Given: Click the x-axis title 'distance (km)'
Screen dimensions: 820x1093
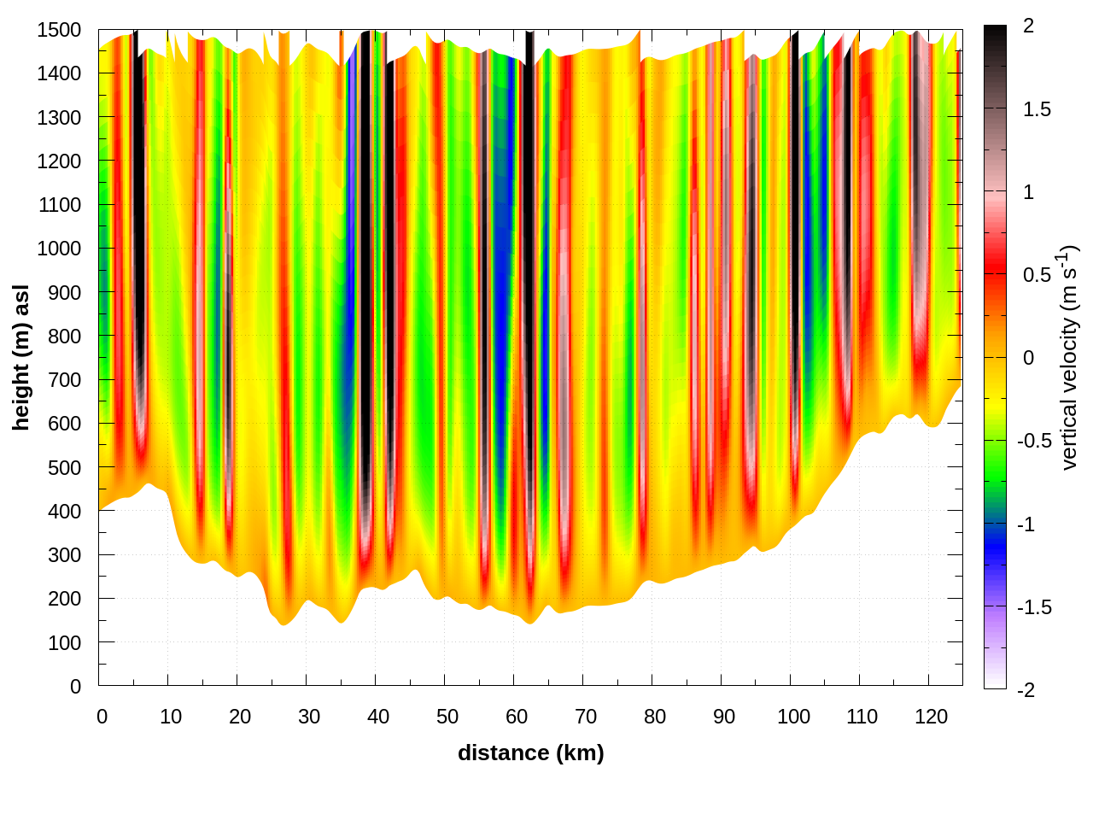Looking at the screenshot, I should click(530, 753).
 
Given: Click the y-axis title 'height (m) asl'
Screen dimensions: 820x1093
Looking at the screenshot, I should click(21, 357).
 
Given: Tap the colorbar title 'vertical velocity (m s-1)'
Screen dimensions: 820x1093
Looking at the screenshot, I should click(1070, 357).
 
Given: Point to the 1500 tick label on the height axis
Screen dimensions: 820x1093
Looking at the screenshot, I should click(59, 30).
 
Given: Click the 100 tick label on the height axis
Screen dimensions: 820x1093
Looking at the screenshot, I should click(65, 642).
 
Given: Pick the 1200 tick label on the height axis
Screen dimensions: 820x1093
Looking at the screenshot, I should click(59, 161).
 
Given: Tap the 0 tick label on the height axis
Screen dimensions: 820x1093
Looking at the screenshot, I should click(76, 686).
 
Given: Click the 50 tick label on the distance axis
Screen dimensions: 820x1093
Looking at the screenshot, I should click(447, 717).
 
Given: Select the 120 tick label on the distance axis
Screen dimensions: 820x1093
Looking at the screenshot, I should click(931, 717).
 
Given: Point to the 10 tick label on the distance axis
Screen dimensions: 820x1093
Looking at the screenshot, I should click(171, 717).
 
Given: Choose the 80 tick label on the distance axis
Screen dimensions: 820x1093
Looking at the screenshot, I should click(654, 717).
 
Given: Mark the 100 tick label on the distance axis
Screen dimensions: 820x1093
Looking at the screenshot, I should click(792, 717).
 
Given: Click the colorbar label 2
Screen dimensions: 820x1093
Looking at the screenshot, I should click(1028, 26).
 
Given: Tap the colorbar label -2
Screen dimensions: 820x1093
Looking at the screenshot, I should click(1025, 689).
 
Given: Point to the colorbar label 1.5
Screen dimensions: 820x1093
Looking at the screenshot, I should click(1037, 109).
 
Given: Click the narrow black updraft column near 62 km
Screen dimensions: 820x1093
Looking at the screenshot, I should click(530, 256).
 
